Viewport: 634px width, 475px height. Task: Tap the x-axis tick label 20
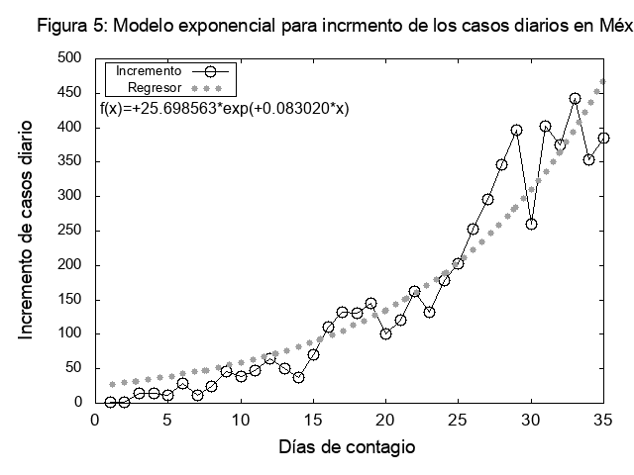385,421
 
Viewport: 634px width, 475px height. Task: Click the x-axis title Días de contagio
347,447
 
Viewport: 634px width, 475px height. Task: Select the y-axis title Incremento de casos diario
27,230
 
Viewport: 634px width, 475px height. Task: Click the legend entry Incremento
149,72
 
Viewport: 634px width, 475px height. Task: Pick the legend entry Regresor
155,87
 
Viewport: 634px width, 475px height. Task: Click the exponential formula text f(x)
225,108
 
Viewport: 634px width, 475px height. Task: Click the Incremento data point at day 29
516,130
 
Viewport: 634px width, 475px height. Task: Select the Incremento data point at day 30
531,224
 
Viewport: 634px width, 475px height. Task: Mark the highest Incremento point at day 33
575,99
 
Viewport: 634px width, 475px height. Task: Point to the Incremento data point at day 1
110,402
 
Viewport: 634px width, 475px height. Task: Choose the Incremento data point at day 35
603,138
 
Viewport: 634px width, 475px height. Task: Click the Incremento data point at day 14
298,377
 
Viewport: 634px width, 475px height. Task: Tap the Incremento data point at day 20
385,333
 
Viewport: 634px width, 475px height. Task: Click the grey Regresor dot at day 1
112,384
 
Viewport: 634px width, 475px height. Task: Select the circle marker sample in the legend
209,72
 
